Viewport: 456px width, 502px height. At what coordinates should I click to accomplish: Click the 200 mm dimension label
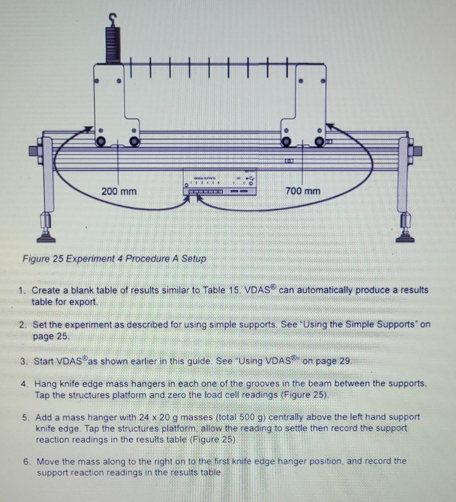pyautogui.click(x=119, y=191)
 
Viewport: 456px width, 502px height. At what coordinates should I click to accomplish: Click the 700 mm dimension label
pyautogui.click(x=303, y=191)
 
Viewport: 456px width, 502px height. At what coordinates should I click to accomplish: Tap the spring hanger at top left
pyautogui.click(x=112, y=40)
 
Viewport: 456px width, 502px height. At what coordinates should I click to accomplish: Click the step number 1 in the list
pyautogui.click(x=22, y=290)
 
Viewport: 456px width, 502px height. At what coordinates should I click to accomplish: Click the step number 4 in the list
pyautogui.click(x=25, y=384)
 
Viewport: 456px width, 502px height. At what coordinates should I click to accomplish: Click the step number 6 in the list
pyautogui.click(x=27, y=461)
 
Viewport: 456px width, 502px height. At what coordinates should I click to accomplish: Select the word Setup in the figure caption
pyautogui.click(x=193, y=258)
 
